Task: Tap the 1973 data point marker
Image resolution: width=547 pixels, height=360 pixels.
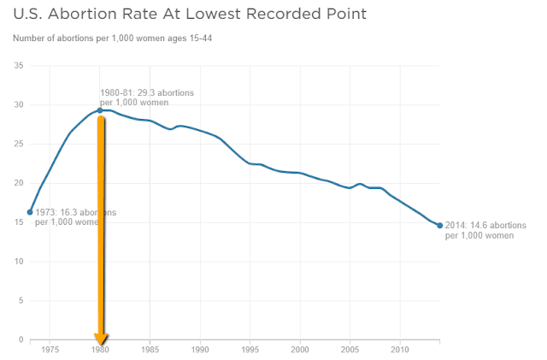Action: [x=30, y=212]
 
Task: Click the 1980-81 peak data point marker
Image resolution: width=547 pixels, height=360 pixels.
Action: [x=100, y=110]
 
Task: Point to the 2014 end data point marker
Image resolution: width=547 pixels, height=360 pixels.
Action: [x=440, y=226]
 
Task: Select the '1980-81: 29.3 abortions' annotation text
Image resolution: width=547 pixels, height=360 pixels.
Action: [x=147, y=92]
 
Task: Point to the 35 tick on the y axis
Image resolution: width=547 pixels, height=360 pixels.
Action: [x=18, y=66]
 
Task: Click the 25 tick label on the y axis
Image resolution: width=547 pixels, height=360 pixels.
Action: [x=18, y=144]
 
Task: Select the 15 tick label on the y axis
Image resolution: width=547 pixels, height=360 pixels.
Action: [x=18, y=222]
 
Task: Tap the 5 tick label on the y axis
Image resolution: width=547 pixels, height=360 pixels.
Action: [x=20, y=300]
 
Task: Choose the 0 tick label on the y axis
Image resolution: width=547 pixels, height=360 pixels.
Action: [x=20, y=339]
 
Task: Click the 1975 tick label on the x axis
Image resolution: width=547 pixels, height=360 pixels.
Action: [x=50, y=350]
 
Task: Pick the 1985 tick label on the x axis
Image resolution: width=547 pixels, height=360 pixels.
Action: [x=150, y=350]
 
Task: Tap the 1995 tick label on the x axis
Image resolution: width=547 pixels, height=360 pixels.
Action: [x=250, y=350]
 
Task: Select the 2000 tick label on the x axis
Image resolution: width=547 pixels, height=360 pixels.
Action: [x=300, y=350]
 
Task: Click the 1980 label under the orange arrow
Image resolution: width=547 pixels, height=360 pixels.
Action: [x=101, y=351]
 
